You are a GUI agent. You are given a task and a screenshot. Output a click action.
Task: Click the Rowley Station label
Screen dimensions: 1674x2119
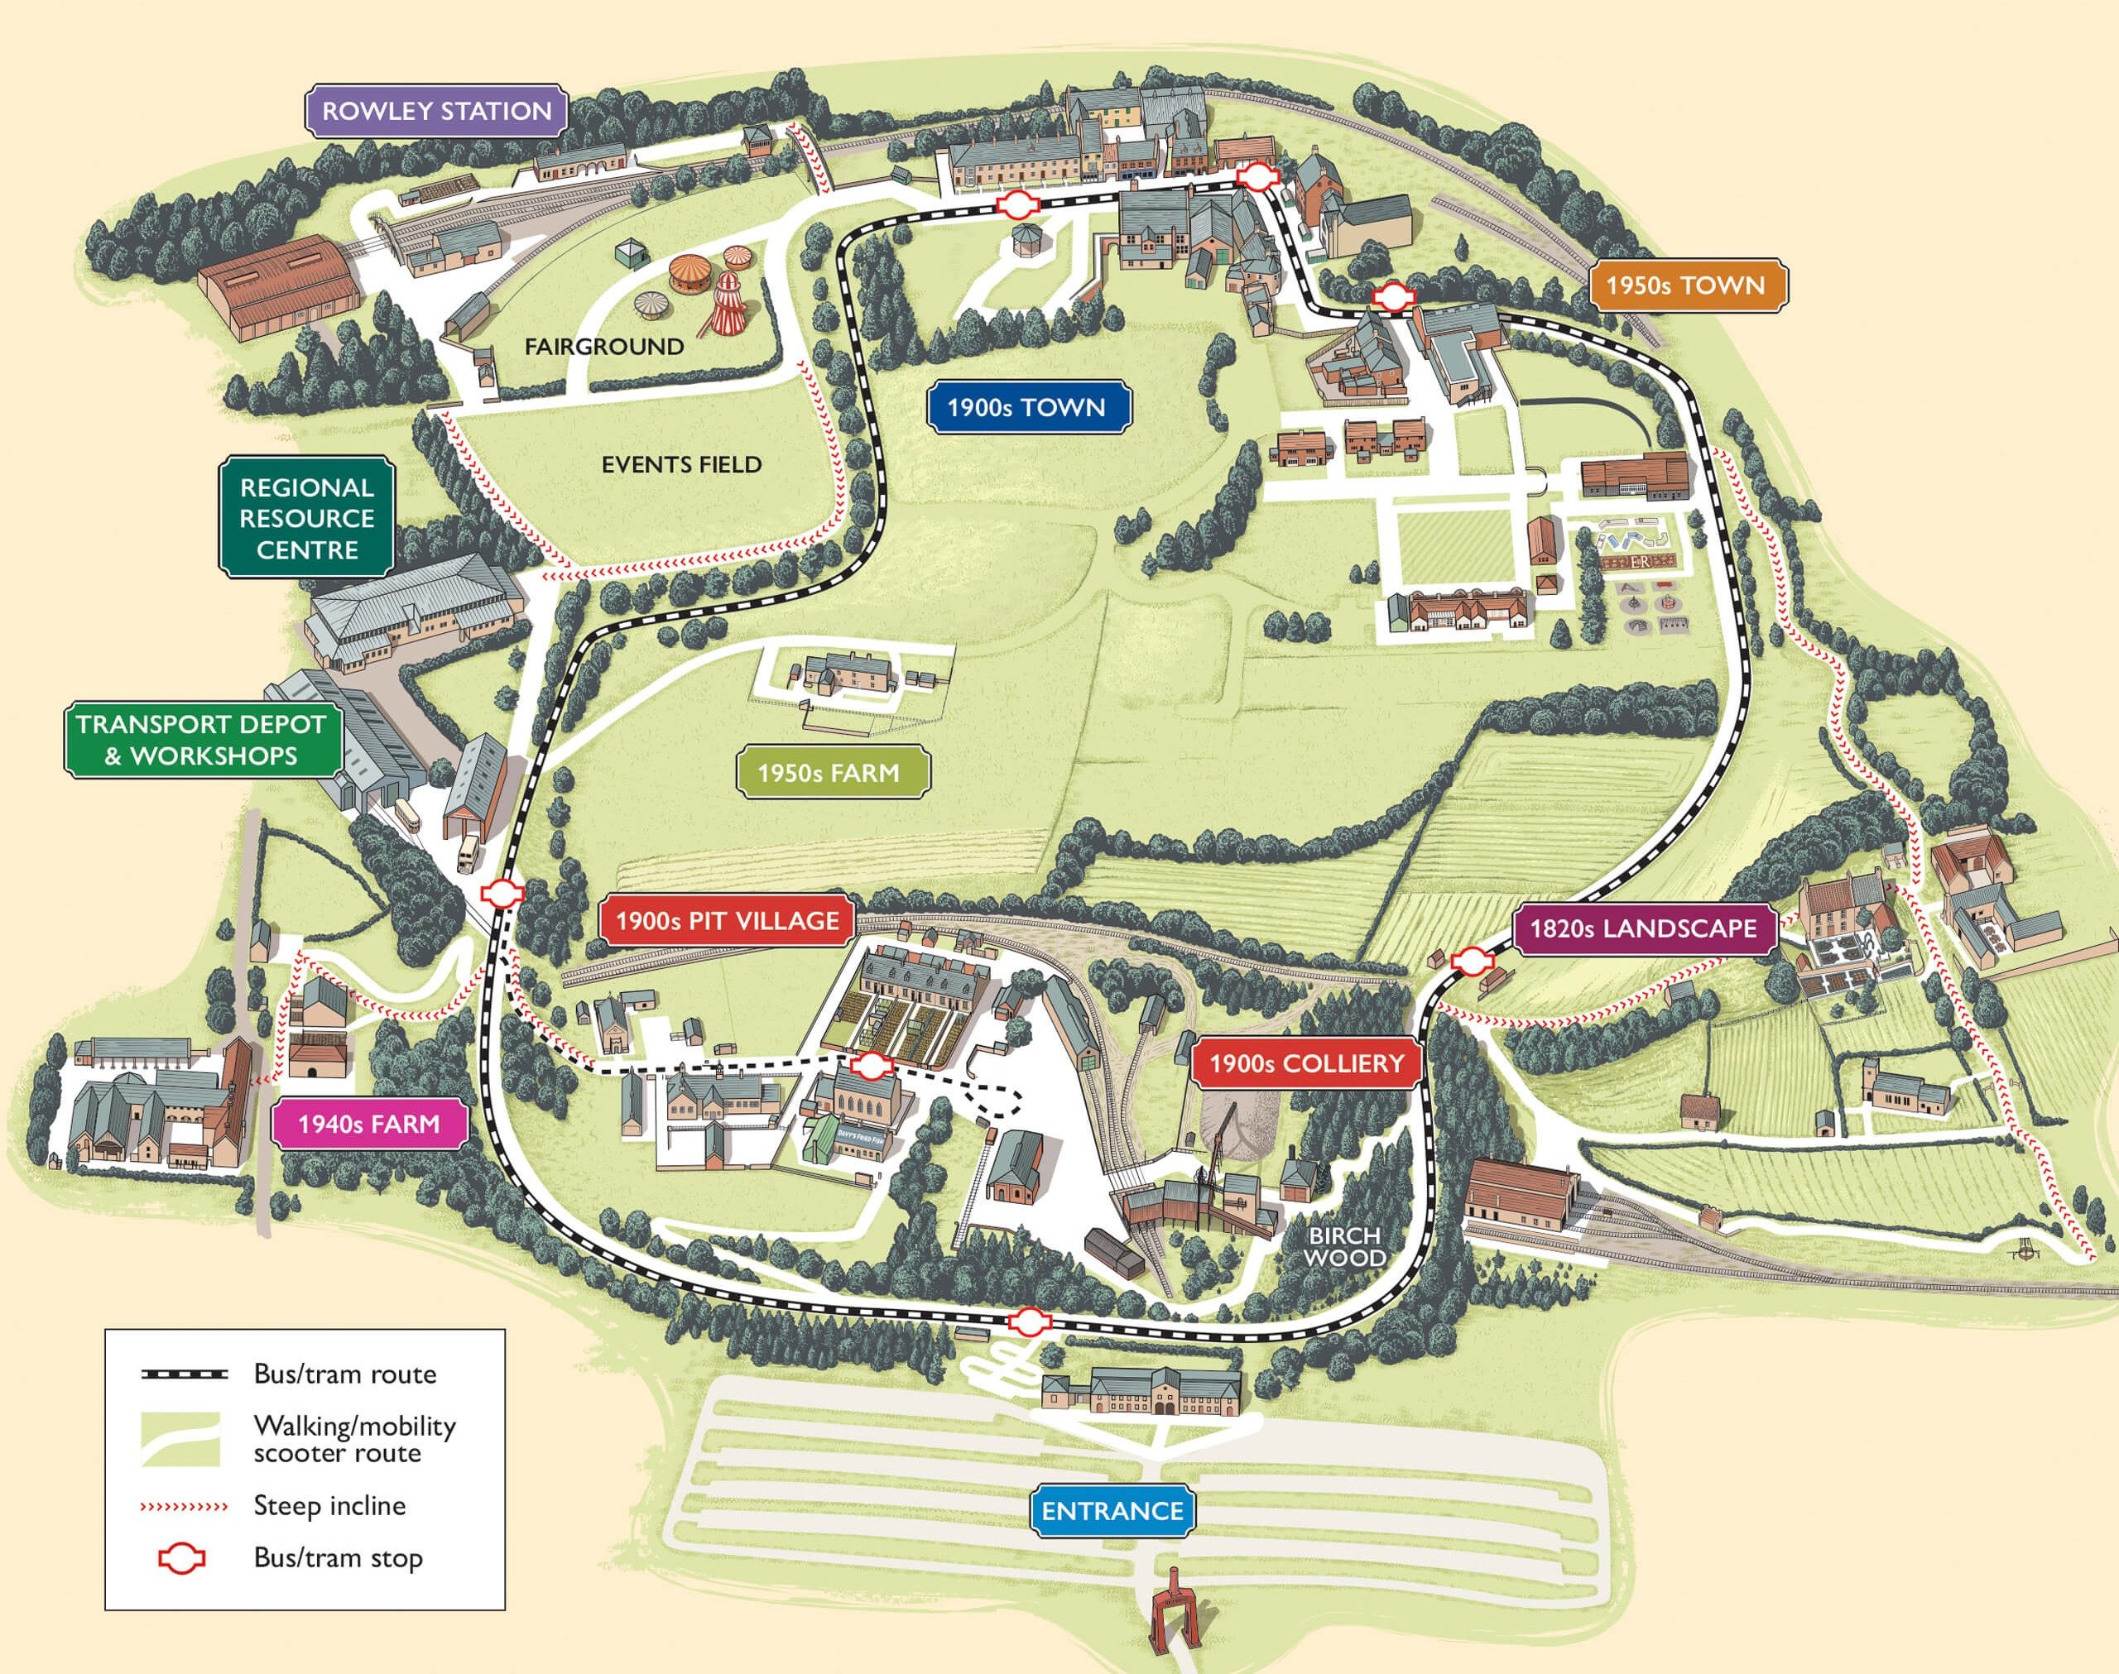point(436,111)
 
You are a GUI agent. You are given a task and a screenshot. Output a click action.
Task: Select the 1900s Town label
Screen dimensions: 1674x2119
point(1026,408)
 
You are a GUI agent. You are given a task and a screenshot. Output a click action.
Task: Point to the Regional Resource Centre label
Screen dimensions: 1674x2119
point(307,519)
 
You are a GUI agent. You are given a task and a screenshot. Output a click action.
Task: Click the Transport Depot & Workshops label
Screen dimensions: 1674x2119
point(201,740)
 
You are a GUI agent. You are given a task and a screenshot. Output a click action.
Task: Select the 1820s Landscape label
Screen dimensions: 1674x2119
point(1644,928)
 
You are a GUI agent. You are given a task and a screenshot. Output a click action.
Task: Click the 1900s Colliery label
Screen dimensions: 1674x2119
point(1305,1063)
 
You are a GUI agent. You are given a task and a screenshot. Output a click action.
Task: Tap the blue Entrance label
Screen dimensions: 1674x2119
point(1112,1510)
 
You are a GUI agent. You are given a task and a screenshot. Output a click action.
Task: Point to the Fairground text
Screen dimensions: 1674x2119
point(603,347)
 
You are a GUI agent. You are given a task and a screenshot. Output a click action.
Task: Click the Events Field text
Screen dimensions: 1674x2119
point(681,464)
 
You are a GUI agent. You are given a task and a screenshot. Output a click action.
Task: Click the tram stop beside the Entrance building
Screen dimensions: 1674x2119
point(1027,1322)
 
